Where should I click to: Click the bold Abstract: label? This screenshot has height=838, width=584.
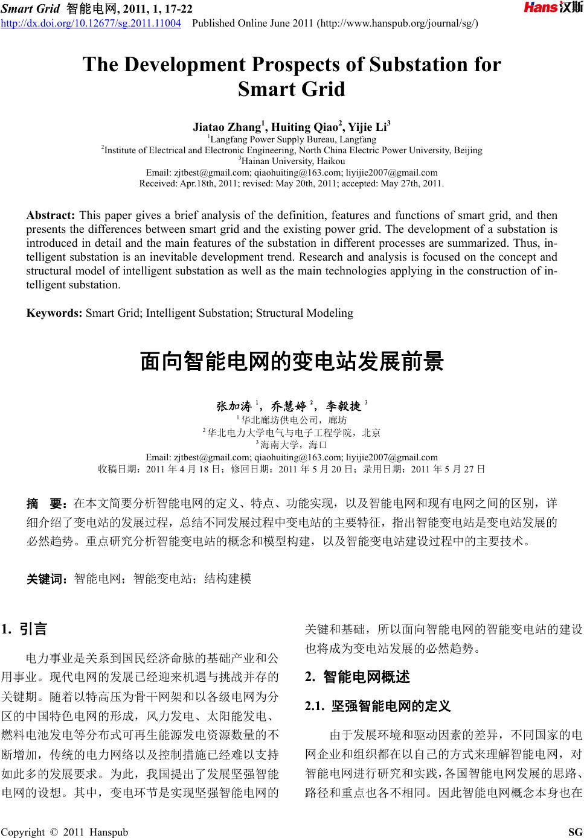51,215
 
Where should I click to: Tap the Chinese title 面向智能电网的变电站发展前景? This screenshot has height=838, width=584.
292,362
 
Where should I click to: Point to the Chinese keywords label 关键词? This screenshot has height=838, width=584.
49,579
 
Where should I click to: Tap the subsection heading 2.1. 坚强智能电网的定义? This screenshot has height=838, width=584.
378,706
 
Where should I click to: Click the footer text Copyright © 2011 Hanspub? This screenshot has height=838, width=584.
65,833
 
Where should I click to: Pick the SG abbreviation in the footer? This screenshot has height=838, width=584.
576,833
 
